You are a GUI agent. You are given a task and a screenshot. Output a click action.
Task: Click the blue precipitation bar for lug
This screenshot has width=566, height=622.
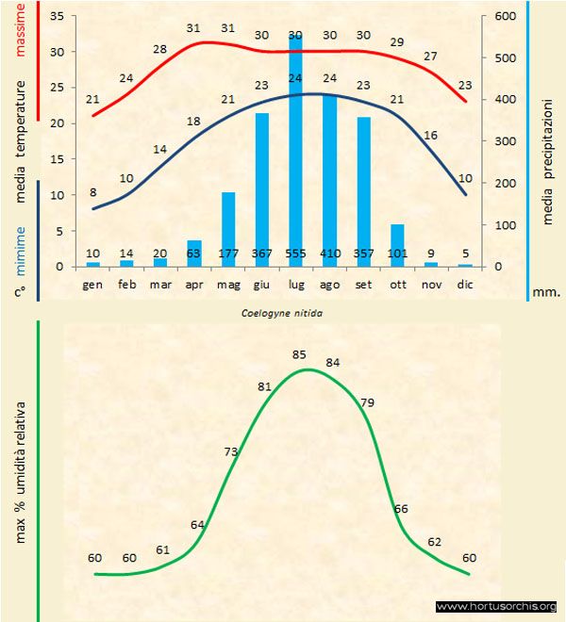[295, 151]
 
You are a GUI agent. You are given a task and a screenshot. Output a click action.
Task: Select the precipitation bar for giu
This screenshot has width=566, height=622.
[261, 189]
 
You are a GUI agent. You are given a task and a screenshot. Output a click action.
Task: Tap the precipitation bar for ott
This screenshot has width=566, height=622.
[397, 245]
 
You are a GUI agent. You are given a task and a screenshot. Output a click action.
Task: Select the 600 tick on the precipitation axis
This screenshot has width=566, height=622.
[504, 17]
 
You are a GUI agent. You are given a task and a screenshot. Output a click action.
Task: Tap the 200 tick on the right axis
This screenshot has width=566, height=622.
[504, 184]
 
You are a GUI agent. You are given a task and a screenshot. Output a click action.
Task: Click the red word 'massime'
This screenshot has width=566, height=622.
[20, 26]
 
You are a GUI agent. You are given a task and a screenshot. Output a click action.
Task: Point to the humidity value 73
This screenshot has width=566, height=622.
[231, 452]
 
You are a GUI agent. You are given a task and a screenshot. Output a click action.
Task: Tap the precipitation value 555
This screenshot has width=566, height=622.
[295, 254]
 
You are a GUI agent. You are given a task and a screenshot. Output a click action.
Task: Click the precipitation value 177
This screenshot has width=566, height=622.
[227, 254]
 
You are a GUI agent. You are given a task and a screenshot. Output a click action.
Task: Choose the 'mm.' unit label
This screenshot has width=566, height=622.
[546, 291]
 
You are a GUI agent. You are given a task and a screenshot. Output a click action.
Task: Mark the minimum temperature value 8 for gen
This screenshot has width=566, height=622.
[92, 193]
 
